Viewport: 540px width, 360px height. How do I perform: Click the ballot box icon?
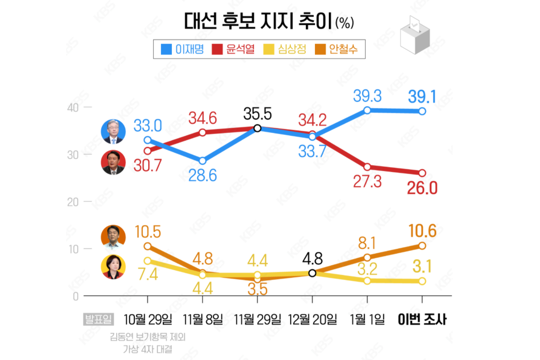click(x=414, y=35)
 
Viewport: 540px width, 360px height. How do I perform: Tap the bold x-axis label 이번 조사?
click(x=422, y=319)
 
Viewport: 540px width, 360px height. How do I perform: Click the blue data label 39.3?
click(x=367, y=96)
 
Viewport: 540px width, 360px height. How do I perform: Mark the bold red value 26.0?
click(x=422, y=187)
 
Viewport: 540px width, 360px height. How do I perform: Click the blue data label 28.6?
click(x=202, y=175)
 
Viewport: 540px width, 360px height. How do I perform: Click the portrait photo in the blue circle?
click(x=114, y=131)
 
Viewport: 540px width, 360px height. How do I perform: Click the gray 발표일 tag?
click(x=99, y=319)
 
